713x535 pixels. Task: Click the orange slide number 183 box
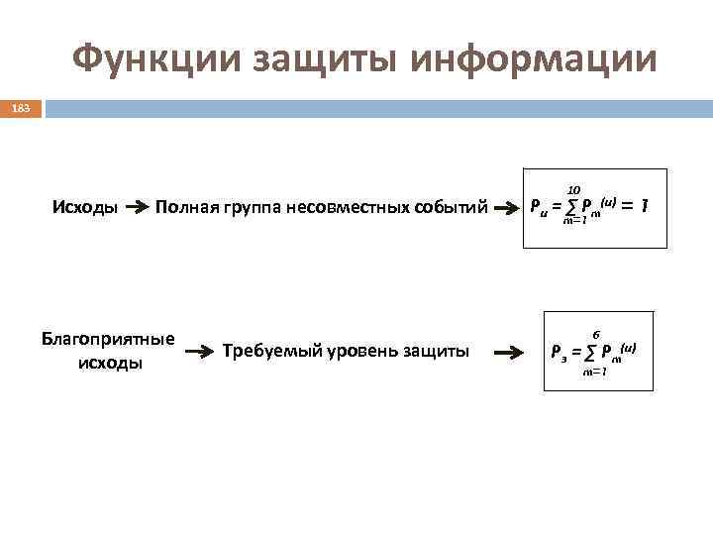(21, 108)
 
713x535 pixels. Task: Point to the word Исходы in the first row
(85, 208)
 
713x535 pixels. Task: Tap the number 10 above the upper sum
(573, 189)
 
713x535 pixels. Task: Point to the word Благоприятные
(108, 339)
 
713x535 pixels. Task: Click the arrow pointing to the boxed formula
(508, 352)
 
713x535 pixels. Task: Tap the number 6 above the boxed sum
(596, 335)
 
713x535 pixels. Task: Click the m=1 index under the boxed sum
(595, 372)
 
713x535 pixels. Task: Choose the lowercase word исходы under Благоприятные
(109, 363)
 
